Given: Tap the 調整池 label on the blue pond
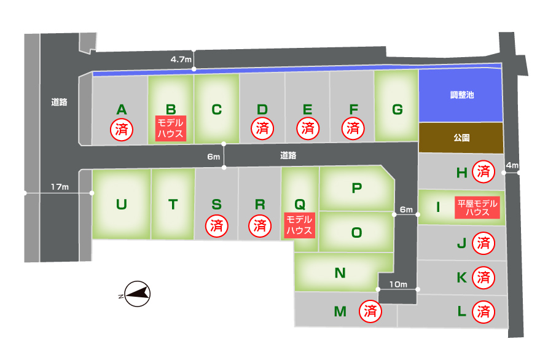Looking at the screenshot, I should click(x=462, y=95).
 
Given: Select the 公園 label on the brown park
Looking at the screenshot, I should click(x=462, y=138).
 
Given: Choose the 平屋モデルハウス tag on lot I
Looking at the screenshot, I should click(x=477, y=208).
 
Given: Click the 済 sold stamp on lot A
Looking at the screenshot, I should click(x=121, y=129).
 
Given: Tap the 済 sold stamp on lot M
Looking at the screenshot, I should click(x=370, y=311).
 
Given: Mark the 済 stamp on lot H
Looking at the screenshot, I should click(x=484, y=172).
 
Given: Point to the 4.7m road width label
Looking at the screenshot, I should click(x=181, y=60).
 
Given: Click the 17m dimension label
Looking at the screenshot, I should click(x=60, y=187).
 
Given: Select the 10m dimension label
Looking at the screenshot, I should click(x=398, y=284).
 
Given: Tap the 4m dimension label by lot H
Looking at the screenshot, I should click(x=512, y=166).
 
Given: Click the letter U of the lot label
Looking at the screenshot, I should click(x=121, y=204).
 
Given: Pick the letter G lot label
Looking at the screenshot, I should click(x=397, y=109).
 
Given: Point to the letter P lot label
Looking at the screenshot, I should click(x=356, y=188).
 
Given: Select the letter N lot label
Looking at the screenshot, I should click(x=340, y=273).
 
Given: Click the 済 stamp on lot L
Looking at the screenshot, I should click(x=484, y=312).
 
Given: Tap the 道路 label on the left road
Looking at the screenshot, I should click(x=60, y=103).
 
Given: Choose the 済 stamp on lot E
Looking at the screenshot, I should click(x=307, y=129).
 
